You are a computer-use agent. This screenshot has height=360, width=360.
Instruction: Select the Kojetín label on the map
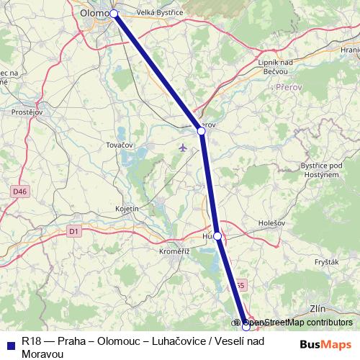tap(126, 208)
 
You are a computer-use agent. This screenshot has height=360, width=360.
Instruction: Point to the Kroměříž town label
tap(174, 251)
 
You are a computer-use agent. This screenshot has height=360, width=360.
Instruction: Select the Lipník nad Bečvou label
tap(275, 67)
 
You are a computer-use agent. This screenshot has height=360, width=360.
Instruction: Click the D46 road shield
tap(19, 191)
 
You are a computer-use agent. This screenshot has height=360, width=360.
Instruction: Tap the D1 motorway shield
tap(73, 231)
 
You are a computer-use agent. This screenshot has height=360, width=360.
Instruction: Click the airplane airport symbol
tap(181, 148)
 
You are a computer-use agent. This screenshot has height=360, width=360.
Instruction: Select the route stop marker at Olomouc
tap(114, 13)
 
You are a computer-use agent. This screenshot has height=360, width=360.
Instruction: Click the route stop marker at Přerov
tap(202, 131)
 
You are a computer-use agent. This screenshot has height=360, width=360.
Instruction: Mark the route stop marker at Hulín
tap(217, 235)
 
